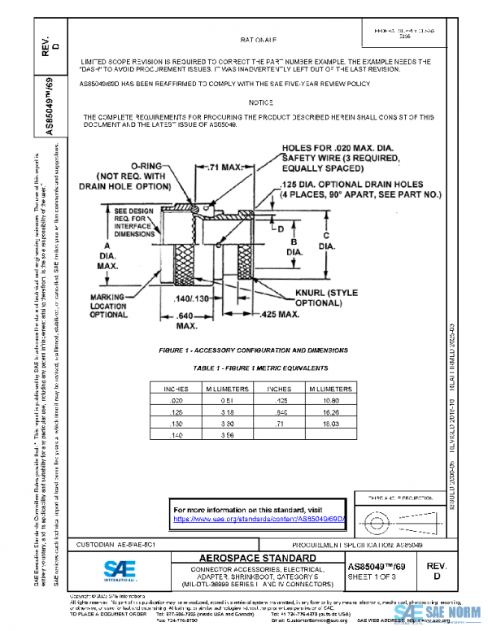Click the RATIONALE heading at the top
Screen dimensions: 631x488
click(259, 39)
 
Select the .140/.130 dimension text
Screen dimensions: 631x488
click(193, 299)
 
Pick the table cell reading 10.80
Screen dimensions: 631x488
click(329, 401)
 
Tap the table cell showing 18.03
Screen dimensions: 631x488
click(329, 424)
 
